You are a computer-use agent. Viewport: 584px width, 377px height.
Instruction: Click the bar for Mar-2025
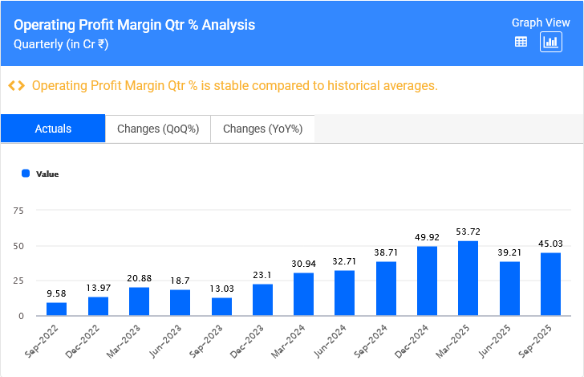click(x=468, y=278)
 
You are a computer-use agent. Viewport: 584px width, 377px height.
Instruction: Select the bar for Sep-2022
click(x=56, y=309)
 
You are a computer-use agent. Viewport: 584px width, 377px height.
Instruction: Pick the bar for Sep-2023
click(x=221, y=306)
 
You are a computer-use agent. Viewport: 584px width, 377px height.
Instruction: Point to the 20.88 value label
click(x=139, y=278)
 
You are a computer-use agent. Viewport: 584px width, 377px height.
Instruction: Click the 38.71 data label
click(x=386, y=252)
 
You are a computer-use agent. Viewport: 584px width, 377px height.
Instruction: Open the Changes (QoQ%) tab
click(x=158, y=129)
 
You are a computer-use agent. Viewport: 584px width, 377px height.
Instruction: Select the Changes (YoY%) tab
click(x=262, y=129)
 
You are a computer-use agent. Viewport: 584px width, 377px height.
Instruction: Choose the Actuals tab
click(x=53, y=129)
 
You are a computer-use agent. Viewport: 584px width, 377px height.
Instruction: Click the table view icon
click(x=521, y=42)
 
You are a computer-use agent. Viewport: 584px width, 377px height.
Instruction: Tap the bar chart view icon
click(x=550, y=42)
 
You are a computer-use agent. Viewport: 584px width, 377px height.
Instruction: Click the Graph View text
click(x=540, y=23)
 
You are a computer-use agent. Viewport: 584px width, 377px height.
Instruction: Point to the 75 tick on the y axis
click(x=19, y=211)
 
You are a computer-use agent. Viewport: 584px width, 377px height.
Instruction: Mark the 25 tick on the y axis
click(x=19, y=281)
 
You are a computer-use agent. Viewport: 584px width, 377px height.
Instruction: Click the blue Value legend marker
click(x=26, y=174)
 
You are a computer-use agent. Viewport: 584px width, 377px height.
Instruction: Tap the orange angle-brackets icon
click(x=16, y=85)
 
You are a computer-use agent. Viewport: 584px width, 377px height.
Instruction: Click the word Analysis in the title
click(x=229, y=25)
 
